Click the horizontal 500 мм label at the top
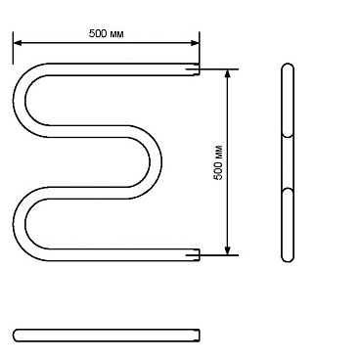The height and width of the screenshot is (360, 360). pos(107,33)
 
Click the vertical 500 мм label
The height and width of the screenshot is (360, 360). pos(218,162)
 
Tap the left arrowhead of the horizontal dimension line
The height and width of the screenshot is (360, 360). pos(17,43)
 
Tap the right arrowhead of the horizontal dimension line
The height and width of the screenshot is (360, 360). pos(195,43)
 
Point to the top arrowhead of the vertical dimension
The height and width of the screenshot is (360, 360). pos(228,73)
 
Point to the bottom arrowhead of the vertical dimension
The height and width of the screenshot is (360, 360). pos(228,250)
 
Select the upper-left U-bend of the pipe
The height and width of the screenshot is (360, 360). pos(20,100)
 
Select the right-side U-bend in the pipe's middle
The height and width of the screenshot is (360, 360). pos(156,162)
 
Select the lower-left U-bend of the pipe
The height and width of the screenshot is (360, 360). pos(20,224)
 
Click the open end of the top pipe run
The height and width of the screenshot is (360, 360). pos(199,69)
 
